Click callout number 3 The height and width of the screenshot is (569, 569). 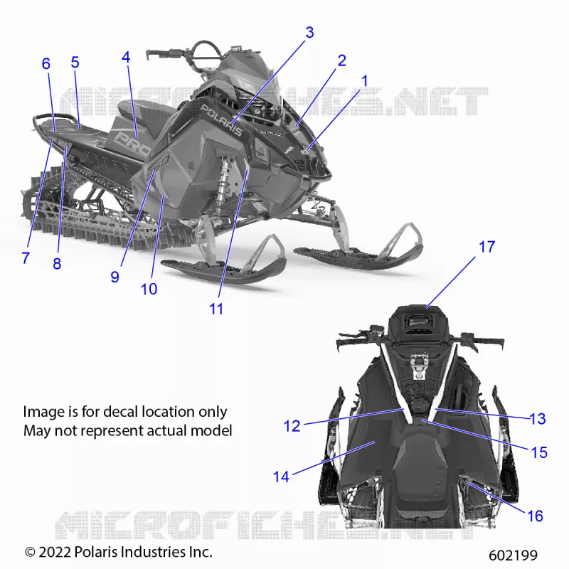pos(309,33)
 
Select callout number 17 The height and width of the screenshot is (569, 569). pos(486,247)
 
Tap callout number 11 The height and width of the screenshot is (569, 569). pos(216,309)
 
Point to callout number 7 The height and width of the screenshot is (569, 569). pos(26,258)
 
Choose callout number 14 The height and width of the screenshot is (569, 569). pos(281,477)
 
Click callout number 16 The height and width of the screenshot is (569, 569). pos(535,516)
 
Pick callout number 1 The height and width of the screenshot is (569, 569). pos(365,81)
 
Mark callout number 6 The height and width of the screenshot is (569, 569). pos(46,64)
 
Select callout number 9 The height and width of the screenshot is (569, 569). pos(115,277)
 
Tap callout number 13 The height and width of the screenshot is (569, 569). pos(538,419)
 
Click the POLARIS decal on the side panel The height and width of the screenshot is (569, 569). pos(221,120)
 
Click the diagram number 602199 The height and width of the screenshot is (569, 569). pos(513,555)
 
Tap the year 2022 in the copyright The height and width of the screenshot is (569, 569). pos(55,553)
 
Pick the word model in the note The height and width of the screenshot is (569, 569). pos(211,431)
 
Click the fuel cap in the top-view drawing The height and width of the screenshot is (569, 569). pos(420,404)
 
